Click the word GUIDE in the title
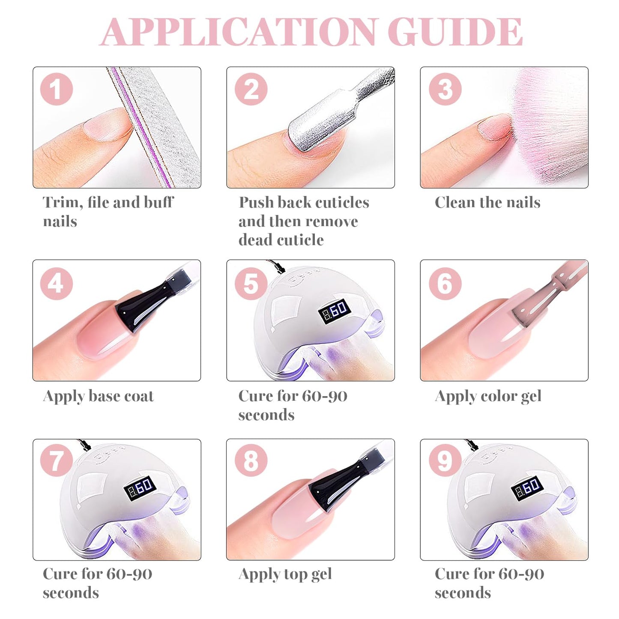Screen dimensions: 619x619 click(455, 31)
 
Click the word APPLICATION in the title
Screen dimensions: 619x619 click(238, 31)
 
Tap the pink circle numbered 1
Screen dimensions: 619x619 click(57, 89)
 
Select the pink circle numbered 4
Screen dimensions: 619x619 click(57, 284)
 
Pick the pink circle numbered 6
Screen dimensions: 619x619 click(445, 284)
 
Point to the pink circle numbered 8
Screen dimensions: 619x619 click(251, 461)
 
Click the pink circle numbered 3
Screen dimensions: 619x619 click(445, 89)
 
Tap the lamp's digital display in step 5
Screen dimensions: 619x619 click(334, 311)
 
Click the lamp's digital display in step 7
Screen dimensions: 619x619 click(140, 489)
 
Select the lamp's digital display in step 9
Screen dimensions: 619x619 click(527, 489)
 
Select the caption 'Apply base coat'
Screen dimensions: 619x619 click(98, 396)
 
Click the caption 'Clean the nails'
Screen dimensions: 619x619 click(487, 202)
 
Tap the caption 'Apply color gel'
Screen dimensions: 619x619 click(488, 396)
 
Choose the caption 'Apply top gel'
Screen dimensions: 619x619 click(285, 574)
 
